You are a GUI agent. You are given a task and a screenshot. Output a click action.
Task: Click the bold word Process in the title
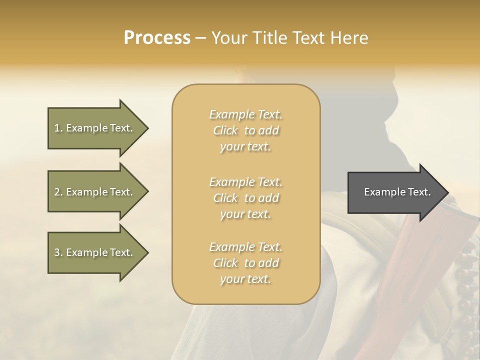[x=157, y=38]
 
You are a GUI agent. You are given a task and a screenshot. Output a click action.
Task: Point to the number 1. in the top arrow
[x=58, y=128]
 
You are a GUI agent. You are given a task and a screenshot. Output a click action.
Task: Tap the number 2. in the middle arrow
[x=58, y=192]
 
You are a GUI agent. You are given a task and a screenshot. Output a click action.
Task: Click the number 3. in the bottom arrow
[x=58, y=252]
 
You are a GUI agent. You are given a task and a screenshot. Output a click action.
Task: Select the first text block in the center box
[x=245, y=130]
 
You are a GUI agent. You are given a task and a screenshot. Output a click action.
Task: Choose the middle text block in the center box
[x=245, y=198]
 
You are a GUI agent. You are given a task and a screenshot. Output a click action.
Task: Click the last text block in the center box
[x=245, y=263]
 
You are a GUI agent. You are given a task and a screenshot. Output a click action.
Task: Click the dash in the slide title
[x=201, y=38]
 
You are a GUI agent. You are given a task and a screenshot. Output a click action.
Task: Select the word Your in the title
[x=228, y=38]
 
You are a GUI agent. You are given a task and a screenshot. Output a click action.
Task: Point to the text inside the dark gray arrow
[x=397, y=192]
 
